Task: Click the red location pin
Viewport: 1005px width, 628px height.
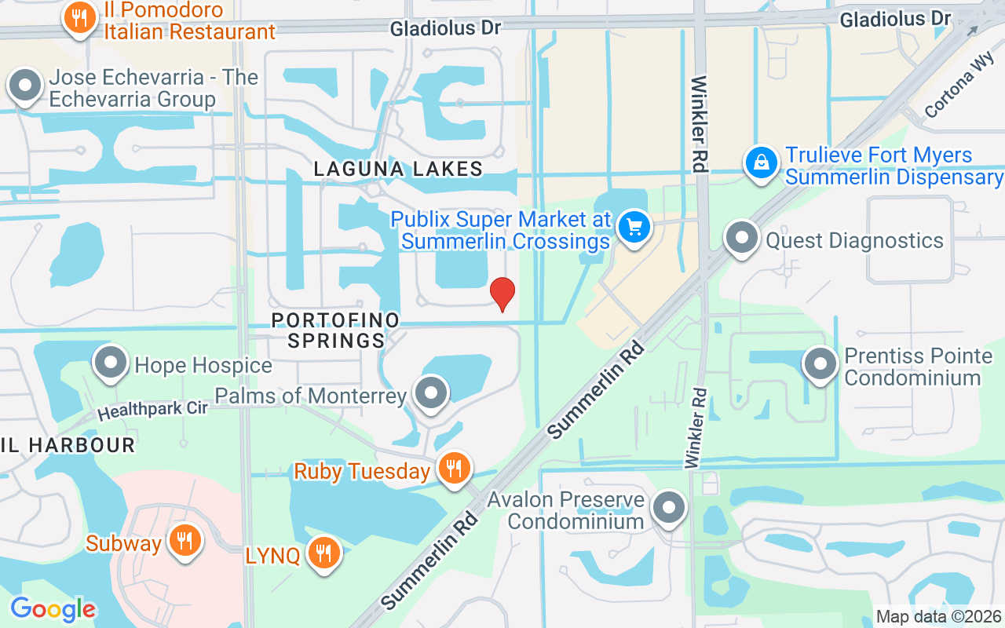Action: click(502, 294)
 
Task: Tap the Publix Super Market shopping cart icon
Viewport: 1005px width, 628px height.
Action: click(634, 228)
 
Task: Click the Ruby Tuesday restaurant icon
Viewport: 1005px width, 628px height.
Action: click(454, 469)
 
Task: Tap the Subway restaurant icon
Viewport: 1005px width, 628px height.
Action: click(185, 541)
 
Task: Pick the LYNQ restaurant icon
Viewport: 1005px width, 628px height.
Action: click(323, 553)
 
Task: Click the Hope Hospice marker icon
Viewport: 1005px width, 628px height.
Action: click(111, 363)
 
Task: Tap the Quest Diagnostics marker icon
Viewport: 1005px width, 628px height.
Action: click(741, 239)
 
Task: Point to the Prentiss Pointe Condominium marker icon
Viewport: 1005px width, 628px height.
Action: click(820, 364)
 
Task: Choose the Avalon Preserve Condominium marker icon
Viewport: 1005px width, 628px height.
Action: click(669, 508)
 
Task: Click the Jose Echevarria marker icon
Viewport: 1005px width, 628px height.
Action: click(26, 86)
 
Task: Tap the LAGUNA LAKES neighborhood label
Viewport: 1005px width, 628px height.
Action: click(398, 169)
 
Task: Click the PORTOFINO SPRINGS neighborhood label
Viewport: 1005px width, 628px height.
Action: click(335, 330)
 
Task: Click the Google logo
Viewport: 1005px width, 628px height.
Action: click(53, 609)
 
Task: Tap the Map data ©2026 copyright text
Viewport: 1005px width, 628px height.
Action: click(938, 617)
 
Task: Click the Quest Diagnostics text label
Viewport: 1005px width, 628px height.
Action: click(854, 240)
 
